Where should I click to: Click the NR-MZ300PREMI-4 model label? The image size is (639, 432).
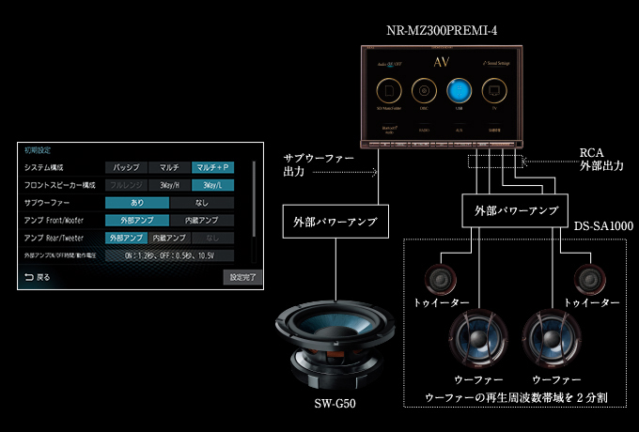point(449,31)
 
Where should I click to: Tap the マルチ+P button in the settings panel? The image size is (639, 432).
point(211,166)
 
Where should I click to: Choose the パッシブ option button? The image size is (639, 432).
point(126,166)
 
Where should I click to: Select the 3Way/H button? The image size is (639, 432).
point(169,185)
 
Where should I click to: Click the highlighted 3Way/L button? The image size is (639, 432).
point(211,185)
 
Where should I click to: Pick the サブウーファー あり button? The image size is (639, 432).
point(137,202)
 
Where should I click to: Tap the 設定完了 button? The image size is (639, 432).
point(239,277)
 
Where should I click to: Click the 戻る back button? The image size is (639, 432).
point(38,277)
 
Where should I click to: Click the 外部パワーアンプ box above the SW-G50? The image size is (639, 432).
point(331,223)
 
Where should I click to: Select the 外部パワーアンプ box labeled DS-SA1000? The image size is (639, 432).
point(511,209)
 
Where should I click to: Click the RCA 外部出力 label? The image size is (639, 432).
point(599,159)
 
